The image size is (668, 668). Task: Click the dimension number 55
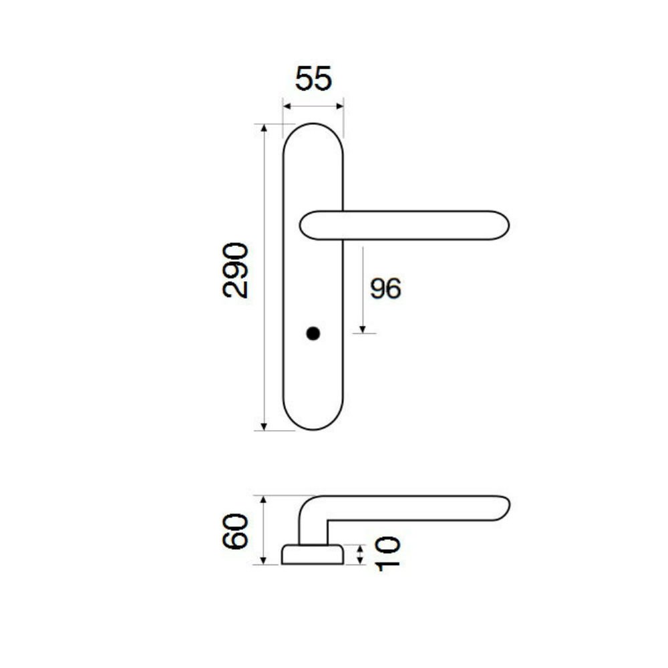coord(313,79)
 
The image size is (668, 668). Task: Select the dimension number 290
coord(235,270)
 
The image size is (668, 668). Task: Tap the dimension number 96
coord(385,289)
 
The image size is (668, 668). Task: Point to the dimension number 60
coord(235,531)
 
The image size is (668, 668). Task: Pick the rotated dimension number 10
coord(387,553)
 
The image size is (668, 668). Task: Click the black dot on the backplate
coord(313,333)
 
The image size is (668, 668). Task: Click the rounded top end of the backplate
coord(313,124)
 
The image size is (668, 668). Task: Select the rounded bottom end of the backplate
coord(313,429)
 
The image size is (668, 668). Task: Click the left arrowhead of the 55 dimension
coord(287,106)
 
